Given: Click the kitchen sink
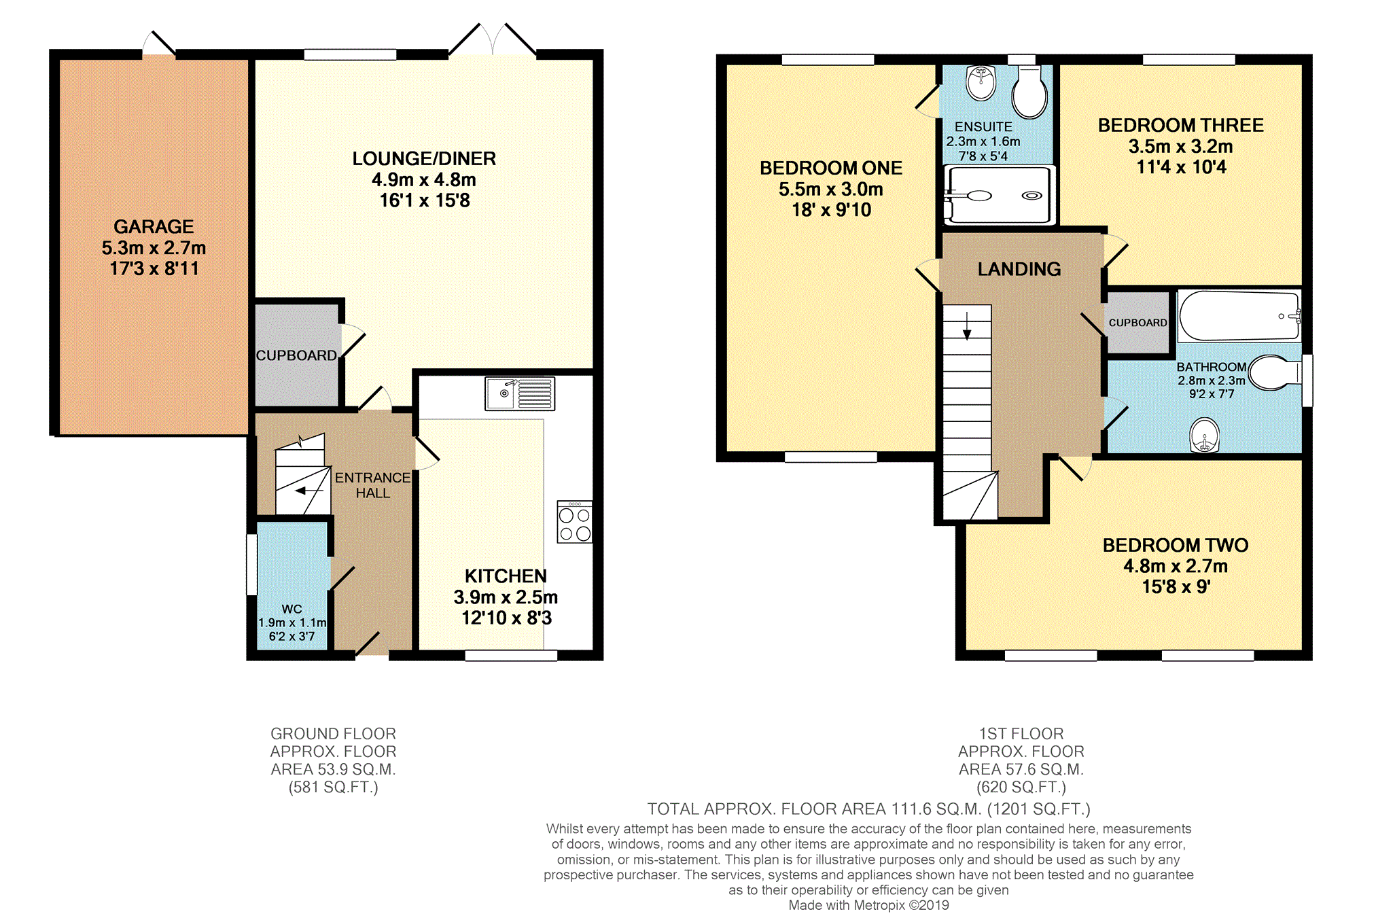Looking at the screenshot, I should pos(520,393).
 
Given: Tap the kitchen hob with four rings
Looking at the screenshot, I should pos(574,523).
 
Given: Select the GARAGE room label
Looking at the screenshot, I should pos(154,226).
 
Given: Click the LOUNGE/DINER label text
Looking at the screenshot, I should pos(424,158).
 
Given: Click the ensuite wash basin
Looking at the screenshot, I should pos(981,83).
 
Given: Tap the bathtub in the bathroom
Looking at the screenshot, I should pos(1239,316).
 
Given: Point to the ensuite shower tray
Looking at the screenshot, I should pos(1000,195).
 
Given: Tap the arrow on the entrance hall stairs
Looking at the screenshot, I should pos(309,490).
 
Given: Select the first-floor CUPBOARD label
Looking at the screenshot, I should pos(1137,323).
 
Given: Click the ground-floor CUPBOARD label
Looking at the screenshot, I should pos(296,355).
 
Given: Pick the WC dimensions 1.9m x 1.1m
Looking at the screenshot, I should pos(292,622).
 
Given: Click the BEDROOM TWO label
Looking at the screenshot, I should pos(1175,545).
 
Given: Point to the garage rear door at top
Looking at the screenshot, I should pos(159,46).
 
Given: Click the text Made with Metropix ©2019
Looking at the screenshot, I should pos(868,905).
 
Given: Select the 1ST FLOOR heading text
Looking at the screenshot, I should pos(1021,734).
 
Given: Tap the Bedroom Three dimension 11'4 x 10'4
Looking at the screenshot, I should pos(1181,167).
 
